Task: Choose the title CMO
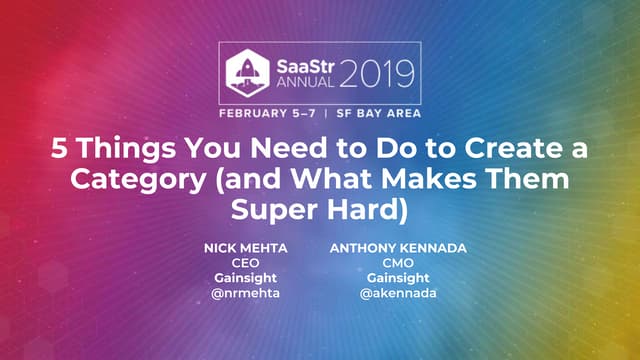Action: tap(386, 263)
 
